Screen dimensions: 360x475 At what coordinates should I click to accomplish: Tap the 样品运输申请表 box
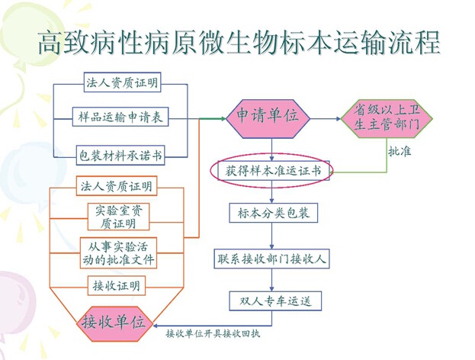[x=122, y=118]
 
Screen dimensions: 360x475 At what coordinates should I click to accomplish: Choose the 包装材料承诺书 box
[x=122, y=154]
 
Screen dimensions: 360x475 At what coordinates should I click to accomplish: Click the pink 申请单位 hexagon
[x=267, y=117]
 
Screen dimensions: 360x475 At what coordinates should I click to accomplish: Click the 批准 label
[x=400, y=152]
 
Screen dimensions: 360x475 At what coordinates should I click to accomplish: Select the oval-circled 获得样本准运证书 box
[x=273, y=172]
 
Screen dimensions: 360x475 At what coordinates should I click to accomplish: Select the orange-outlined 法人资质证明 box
[x=117, y=185]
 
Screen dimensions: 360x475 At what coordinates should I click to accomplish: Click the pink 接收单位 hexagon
[x=113, y=321]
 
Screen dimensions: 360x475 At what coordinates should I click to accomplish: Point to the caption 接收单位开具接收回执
[x=217, y=334]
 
